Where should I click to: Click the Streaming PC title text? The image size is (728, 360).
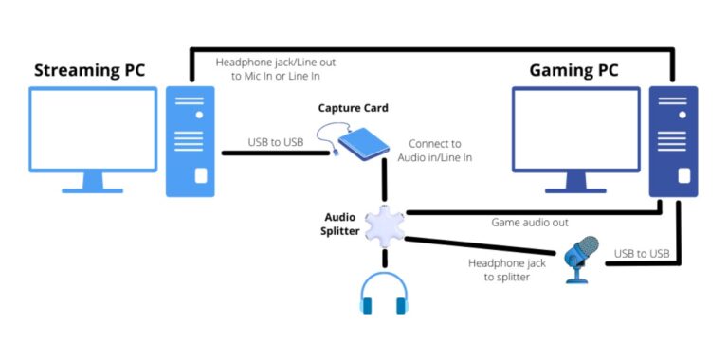(x=96, y=70)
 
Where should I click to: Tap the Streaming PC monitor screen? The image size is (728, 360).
(x=92, y=129)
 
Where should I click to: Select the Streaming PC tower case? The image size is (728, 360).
(x=190, y=140)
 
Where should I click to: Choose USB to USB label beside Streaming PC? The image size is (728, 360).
(x=275, y=141)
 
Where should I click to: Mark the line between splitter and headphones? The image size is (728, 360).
(x=383, y=260)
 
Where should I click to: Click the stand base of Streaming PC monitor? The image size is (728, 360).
(x=92, y=188)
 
